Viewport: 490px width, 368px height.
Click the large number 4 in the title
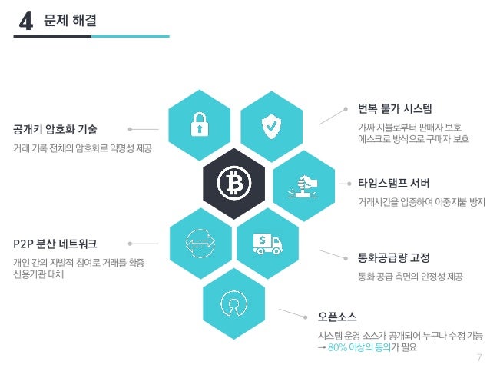(x=25, y=22)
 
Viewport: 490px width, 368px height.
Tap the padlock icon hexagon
(x=200, y=124)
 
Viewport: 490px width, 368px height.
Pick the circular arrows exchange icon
(x=200, y=243)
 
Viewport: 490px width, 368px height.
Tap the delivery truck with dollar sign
(x=269, y=244)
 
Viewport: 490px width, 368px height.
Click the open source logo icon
(x=234, y=301)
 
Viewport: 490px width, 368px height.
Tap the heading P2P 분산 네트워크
(x=55, y=244)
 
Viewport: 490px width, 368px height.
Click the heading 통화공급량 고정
(x=393, y=257)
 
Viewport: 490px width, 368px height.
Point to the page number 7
(x=478, y=357)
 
